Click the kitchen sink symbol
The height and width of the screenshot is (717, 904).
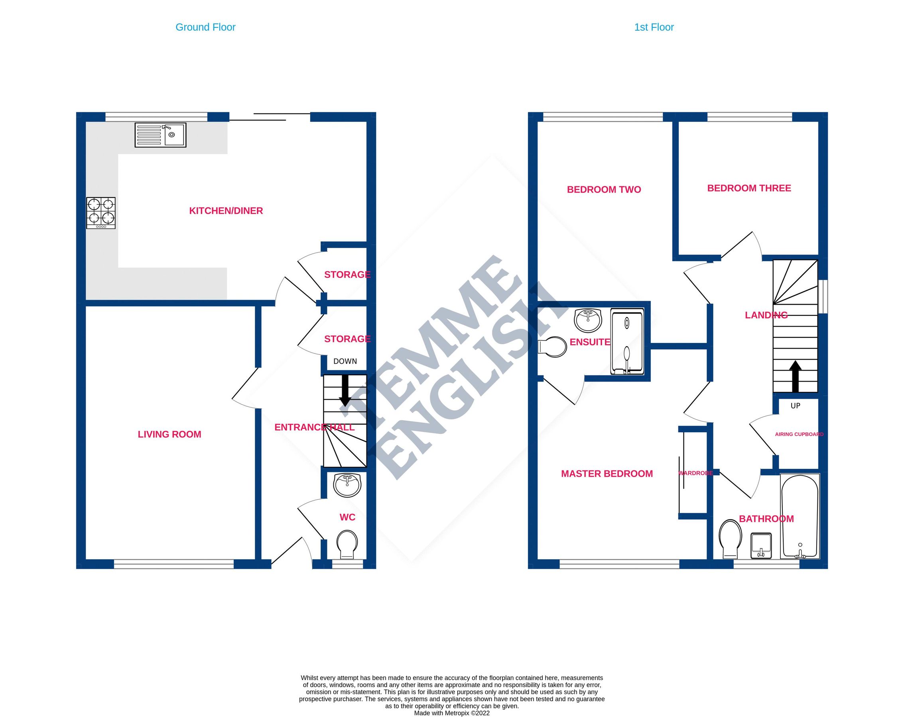(160, 135)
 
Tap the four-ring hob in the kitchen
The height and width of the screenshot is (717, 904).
(100, 213)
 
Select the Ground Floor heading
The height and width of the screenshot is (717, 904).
(205, 27)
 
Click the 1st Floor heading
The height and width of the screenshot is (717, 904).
(654, 27)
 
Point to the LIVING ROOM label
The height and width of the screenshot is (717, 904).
(169, 434)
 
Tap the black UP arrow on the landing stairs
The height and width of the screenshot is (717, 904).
(796, 376)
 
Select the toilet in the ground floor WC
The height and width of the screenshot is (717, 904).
(347, 544)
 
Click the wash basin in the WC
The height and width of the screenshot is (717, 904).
(347, 485)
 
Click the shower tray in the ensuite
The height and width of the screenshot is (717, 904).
(627, 342)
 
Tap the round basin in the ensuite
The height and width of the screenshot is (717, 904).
(587, 320)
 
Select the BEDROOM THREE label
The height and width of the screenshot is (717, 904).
(749, 188)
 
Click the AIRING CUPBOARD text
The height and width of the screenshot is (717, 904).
(799, 434)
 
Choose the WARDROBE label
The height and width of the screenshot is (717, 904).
(695, 473)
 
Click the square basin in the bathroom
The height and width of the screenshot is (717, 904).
(760, 545)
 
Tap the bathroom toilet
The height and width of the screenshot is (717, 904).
(730, 539)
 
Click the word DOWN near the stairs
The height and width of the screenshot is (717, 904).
(345, 361)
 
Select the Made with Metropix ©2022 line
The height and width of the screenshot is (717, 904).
(451, 713)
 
